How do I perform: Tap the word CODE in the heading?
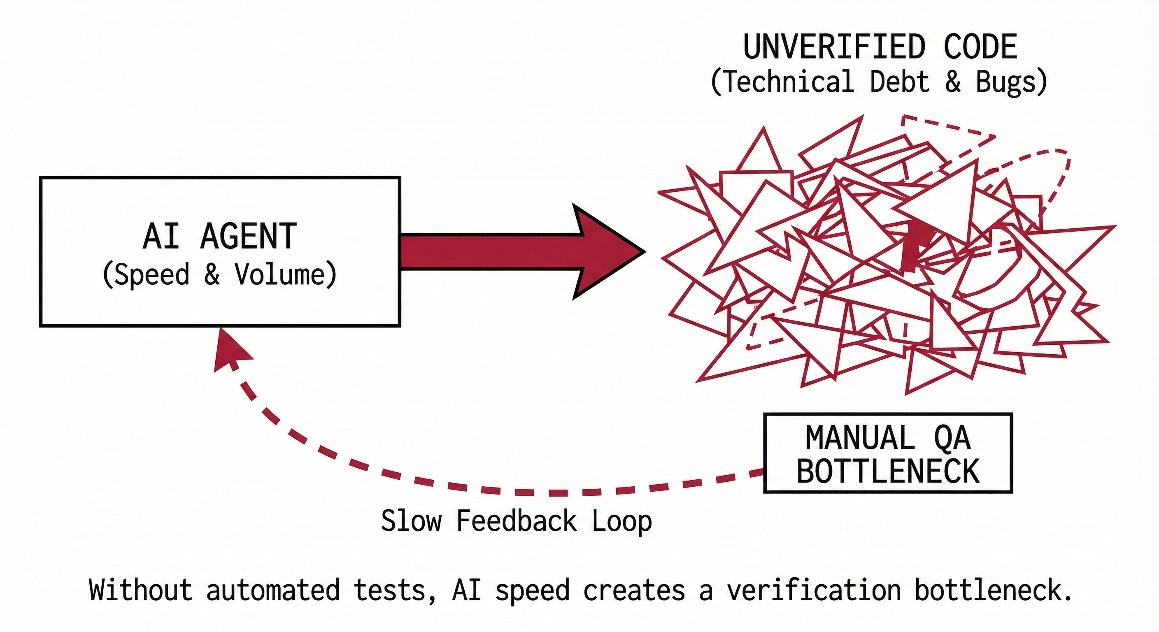(980, 47)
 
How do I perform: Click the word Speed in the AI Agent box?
(152, 274)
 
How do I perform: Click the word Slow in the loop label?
(411, 521)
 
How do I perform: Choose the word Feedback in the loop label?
(517, 521)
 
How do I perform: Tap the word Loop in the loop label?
(622, 521)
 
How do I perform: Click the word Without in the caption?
(141, 590)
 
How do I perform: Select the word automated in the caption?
(272, 590)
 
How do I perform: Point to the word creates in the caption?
(634, 590)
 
